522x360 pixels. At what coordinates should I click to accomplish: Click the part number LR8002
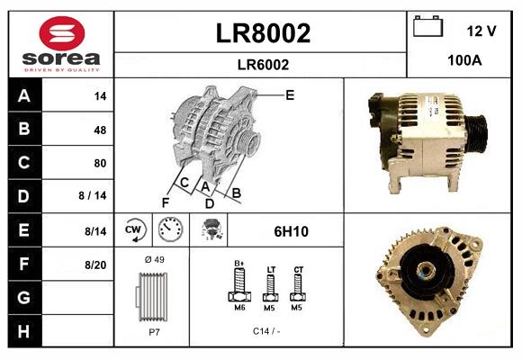[263, 33]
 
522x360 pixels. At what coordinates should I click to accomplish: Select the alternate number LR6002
[263, 64]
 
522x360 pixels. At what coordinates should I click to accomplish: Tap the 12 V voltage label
[481, 31]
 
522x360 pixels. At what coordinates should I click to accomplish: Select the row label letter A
[23, 95]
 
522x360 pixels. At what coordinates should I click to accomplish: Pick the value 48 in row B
[100, 130]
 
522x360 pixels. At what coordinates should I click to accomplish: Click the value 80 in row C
[100, 163]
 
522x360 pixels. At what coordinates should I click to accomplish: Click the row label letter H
[23, 331]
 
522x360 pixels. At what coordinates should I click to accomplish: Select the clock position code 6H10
[291, 231]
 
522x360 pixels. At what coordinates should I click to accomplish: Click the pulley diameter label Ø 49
[153, 260]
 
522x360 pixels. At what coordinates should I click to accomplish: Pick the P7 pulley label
[153, 330]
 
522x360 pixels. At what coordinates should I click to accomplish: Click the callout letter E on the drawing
[289, 94]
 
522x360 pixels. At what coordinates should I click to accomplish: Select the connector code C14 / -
[268, 330]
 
